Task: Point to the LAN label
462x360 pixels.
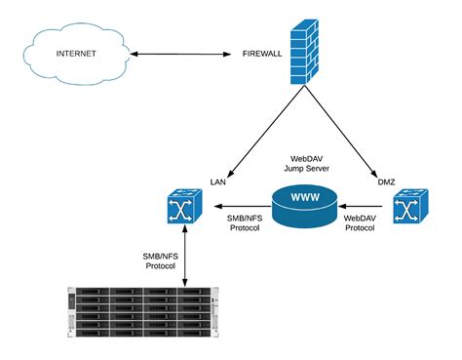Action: click(218, 182)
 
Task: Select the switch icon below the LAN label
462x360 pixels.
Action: click(183, 208)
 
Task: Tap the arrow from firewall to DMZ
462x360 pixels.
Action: click(341, 137)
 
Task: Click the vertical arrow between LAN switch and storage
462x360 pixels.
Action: click(183, 258)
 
